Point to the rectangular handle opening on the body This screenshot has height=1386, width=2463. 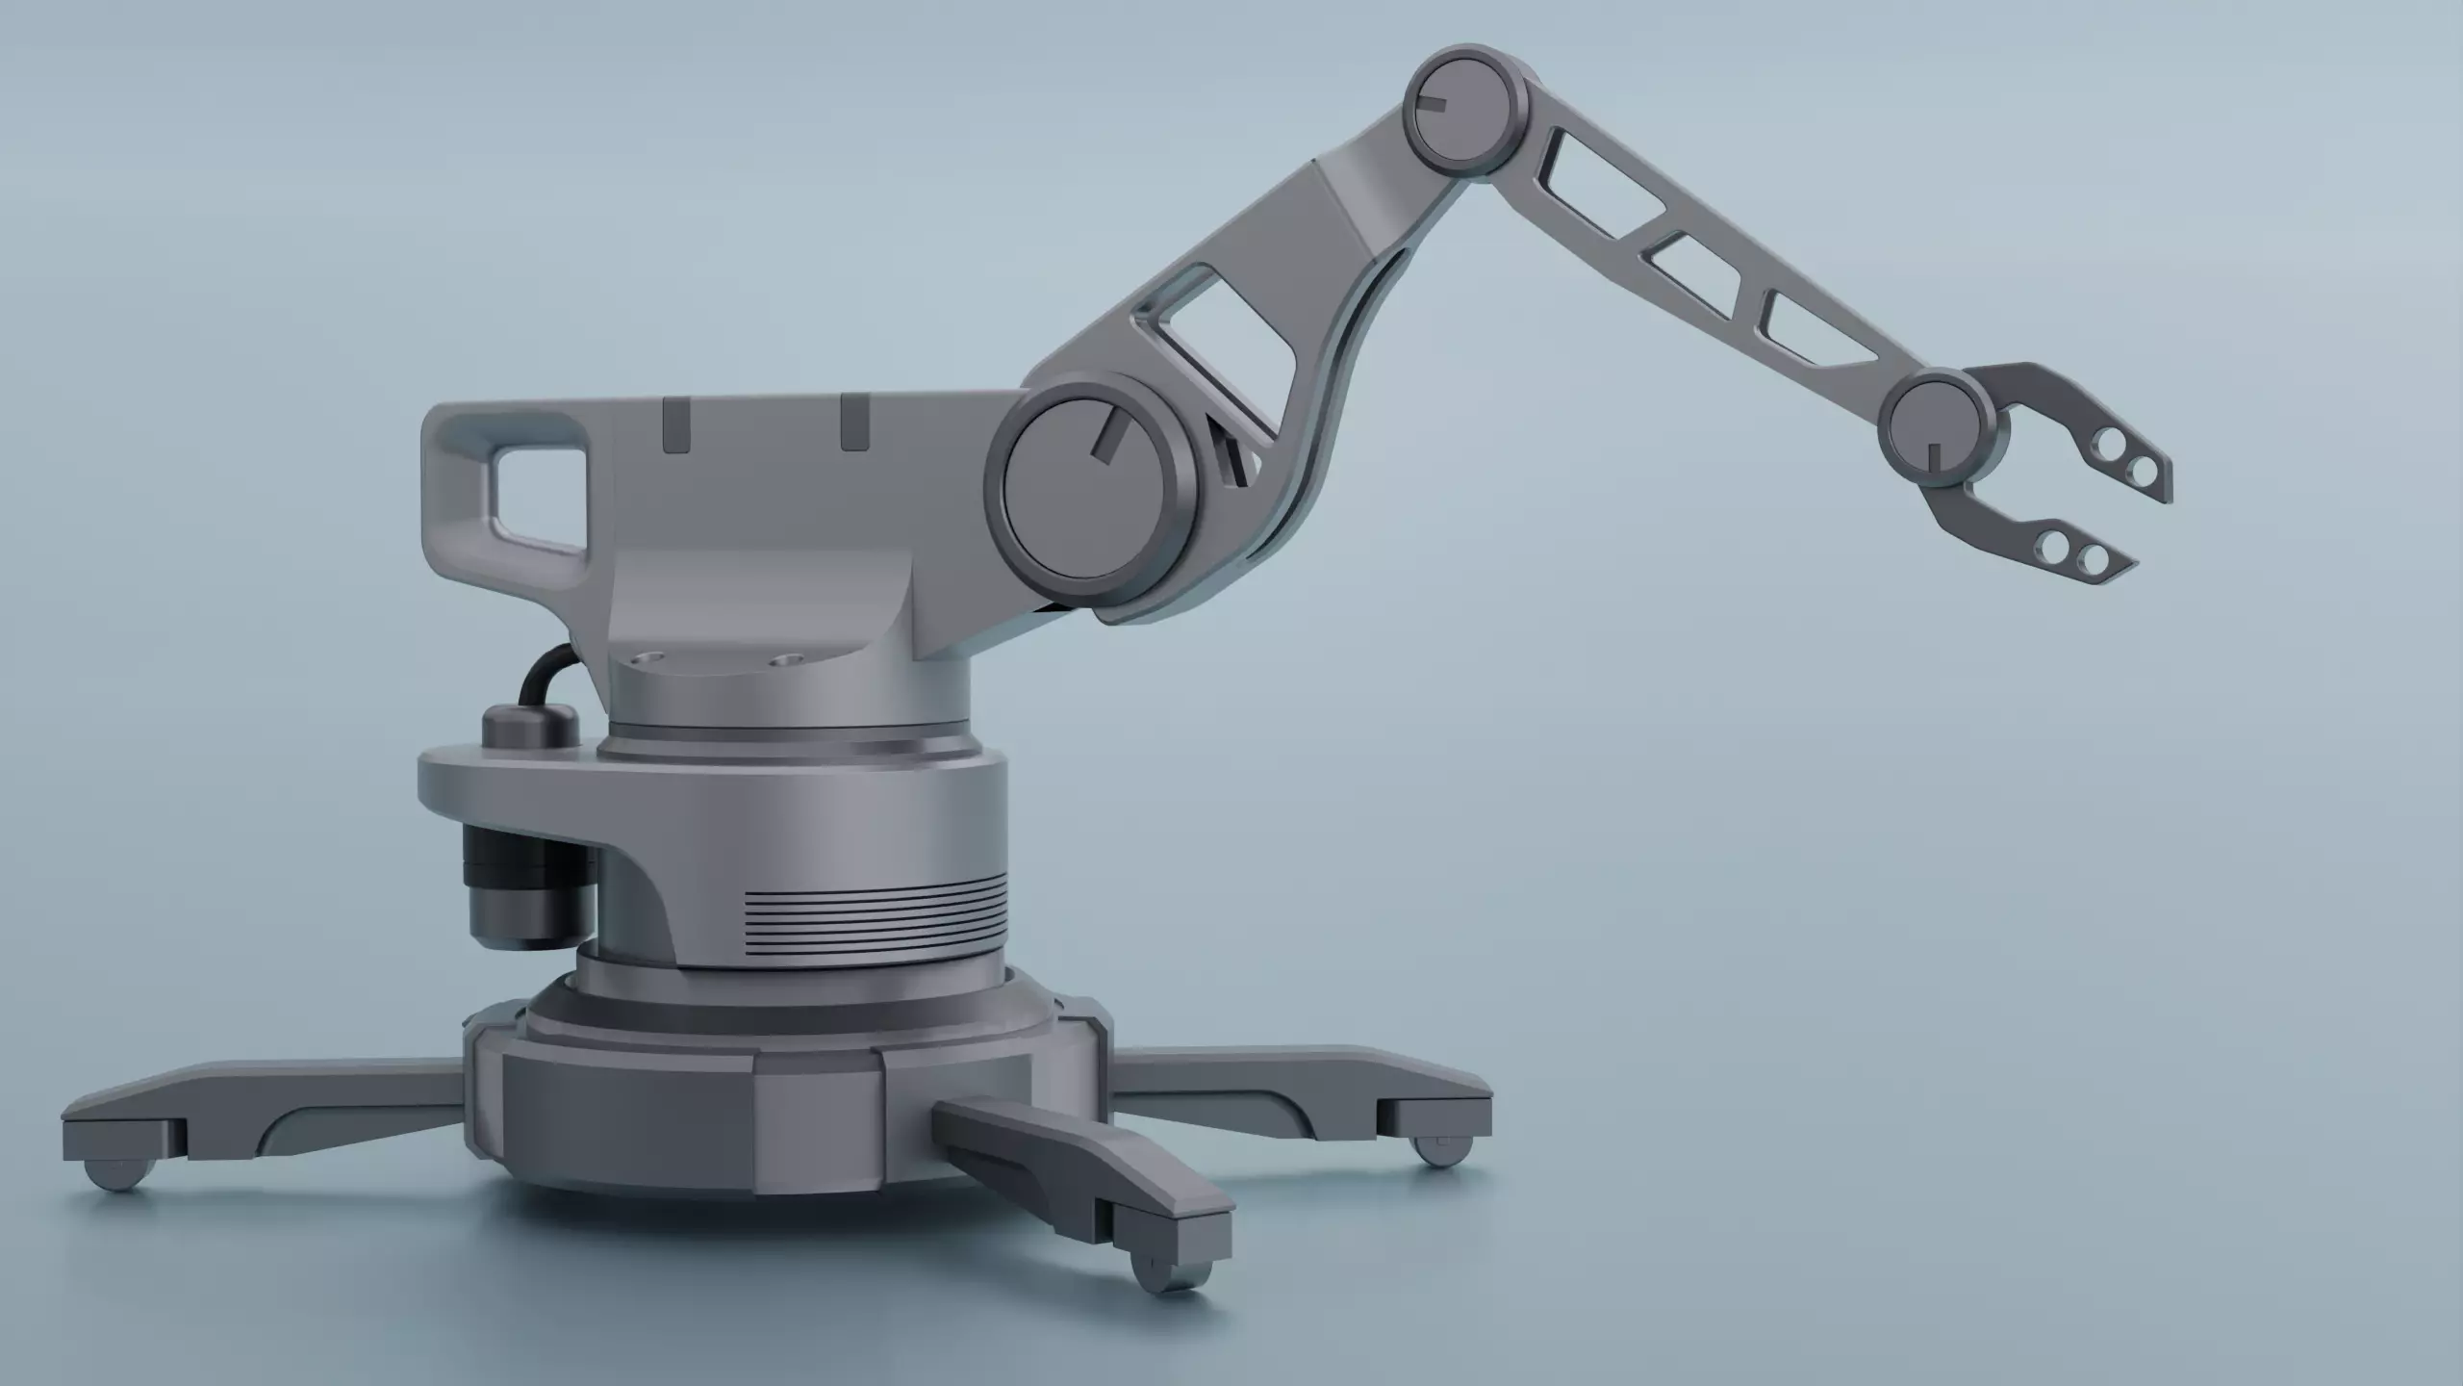coord(539,497)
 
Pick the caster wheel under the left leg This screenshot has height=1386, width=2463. coord(119,1174)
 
